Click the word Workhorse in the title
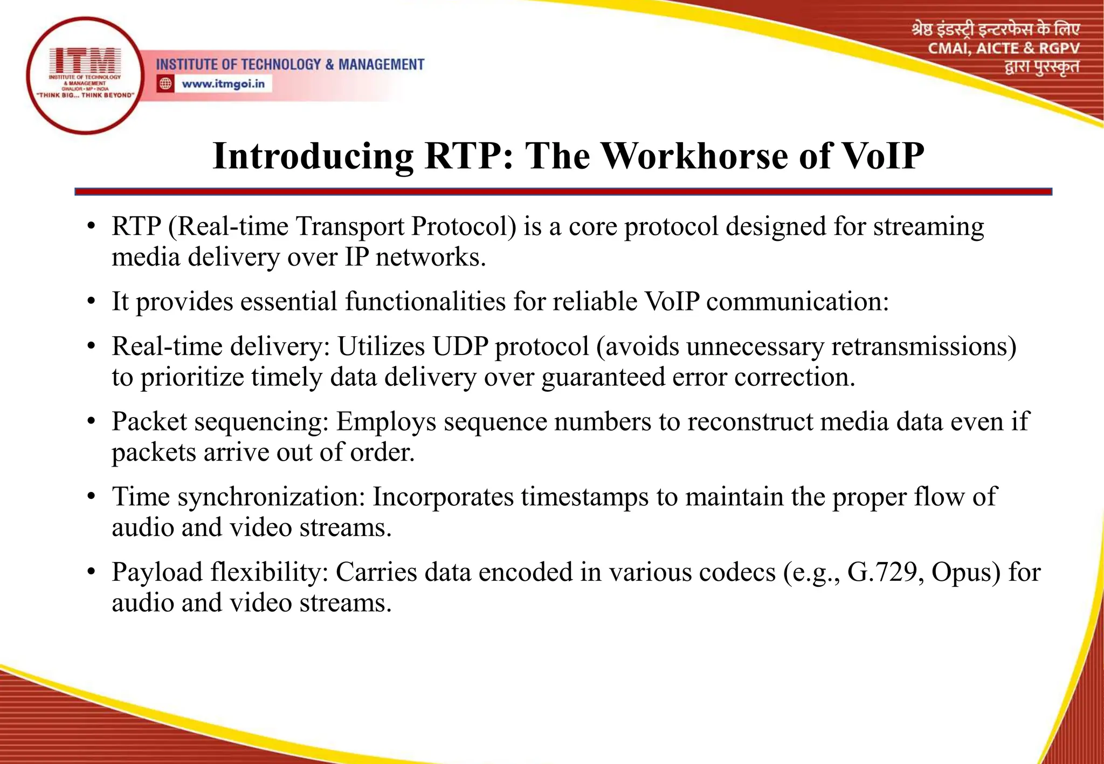[695, 156]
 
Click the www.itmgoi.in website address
[223, 84]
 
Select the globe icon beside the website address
[165, 84]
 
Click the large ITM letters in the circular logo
[85, 60]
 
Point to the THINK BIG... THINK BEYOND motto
[85, 95]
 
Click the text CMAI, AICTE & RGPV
[1003, 48]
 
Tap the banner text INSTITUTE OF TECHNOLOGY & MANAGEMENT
[290, 65]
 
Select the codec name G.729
[881, 572]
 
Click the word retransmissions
[923, 346]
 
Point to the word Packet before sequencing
[149, 422]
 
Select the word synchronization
[272, 497]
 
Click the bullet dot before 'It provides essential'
[92, 302]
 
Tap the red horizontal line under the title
[563, 192]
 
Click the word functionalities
[425, 302]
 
